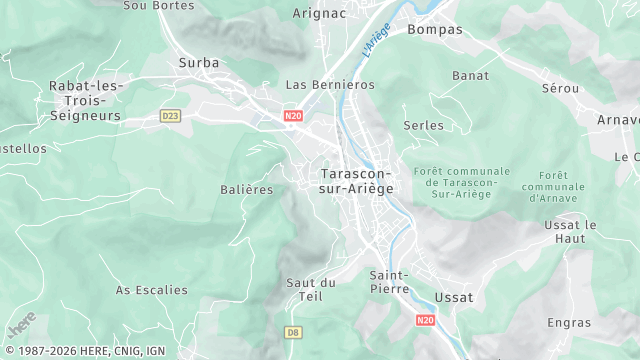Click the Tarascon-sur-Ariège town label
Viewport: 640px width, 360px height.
tap(357, 180)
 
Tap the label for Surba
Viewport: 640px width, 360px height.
tap(198, 62)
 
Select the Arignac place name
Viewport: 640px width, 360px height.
tap(319, 13)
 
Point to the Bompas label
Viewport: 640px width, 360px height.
tap(435, 29)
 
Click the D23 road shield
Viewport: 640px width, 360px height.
tap(170, 116)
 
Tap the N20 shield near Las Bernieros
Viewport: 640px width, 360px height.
tap(293, 116)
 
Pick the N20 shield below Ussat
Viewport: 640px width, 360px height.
tap(425, 320)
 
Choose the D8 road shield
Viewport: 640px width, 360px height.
tap(293, 332)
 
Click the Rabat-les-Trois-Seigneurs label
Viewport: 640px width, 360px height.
tap(85, 101)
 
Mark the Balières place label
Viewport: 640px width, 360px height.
tap(246, 190)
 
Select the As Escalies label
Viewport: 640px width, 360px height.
tap(151, 290)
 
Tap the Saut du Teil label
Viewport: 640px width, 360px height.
tap(310, 289)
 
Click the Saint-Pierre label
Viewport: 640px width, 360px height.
tap(388, 282)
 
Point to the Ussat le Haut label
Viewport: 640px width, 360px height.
tap(577, 232)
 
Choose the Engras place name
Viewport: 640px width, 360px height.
tap(569, 322)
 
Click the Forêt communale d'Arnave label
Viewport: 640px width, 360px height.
tap(553, 186)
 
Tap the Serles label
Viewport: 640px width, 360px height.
tap(423, 125)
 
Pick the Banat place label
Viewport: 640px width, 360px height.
tap(470, 75)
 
